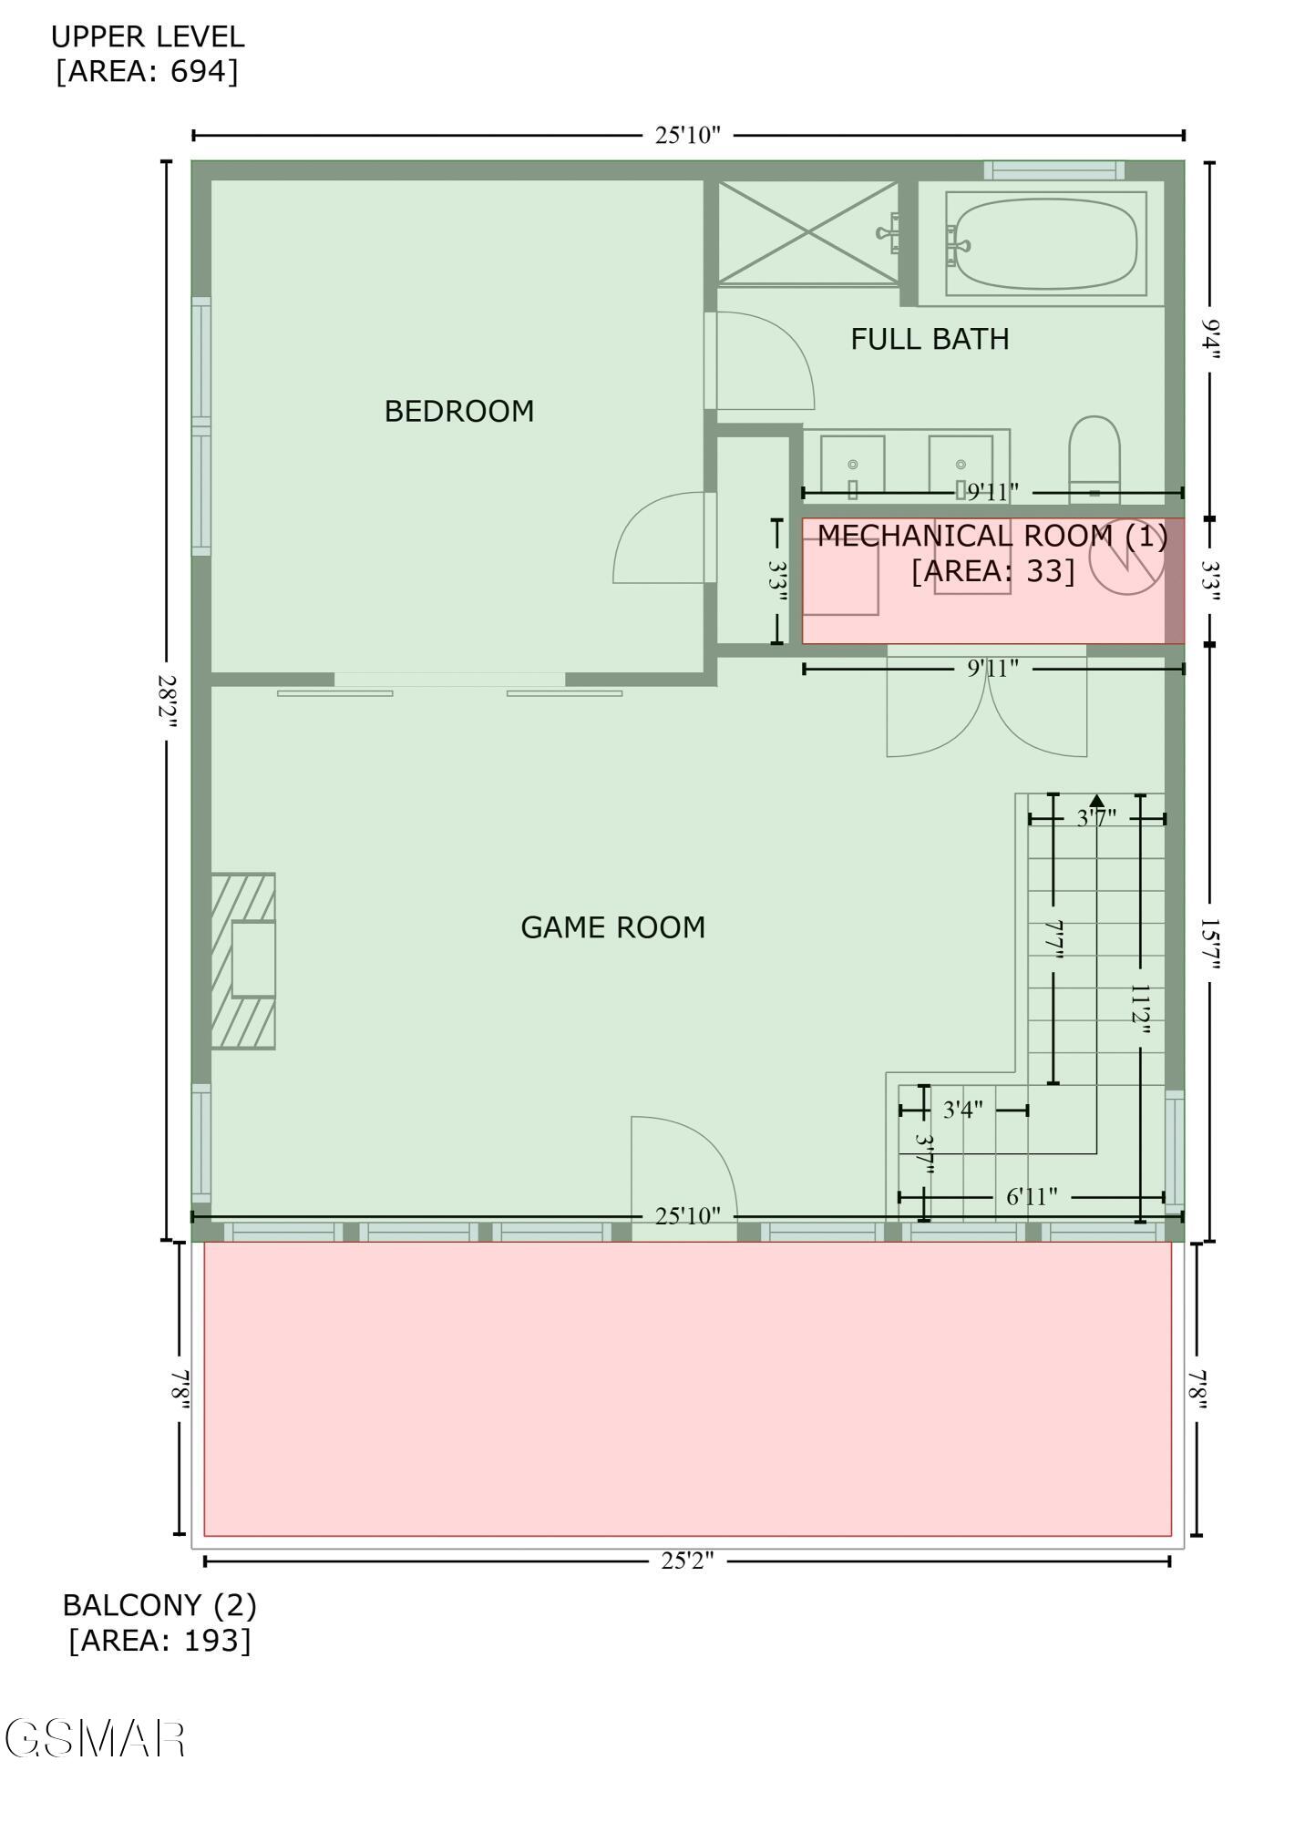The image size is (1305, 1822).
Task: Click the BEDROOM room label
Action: [458, 412]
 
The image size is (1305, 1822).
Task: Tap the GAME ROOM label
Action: [612, 927]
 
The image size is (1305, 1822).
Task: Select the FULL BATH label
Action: [930, 339]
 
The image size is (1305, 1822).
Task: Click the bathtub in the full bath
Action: [1045, 243]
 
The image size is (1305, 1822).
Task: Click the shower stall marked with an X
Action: [808, 232]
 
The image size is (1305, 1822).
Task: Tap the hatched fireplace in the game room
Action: [243, 961]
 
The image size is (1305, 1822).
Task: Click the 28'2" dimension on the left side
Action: [167, 701]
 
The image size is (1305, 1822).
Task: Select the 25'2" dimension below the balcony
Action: [687, 1561]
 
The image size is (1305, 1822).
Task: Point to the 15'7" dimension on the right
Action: [1209, 943]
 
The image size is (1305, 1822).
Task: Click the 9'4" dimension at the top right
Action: [1209, 339]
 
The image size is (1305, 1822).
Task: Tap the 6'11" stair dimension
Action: [1032, 1196]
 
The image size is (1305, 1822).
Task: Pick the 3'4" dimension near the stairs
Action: [963, 1110]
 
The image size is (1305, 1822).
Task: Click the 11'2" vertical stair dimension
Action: [1140, 1009]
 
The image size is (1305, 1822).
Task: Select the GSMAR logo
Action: [96, 1739]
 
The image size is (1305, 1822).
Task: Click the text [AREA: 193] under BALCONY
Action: [159, 1640]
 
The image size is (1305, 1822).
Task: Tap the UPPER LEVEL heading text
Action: [148, 37]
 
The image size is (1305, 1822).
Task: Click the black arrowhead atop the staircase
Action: [1096, 801]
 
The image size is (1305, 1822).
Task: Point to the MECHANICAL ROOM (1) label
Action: [992, 536]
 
